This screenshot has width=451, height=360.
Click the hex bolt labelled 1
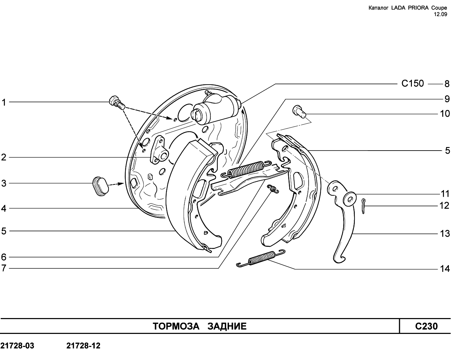coord(117,103)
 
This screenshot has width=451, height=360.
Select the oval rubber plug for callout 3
coord(100,186)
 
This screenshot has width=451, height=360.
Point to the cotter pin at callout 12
coord(364,206)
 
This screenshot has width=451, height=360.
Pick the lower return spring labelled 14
coord(261,258)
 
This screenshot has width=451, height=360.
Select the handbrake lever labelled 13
coord(342,221)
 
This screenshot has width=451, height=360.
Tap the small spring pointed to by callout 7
coord(273,189)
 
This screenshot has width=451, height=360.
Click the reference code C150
coord(413,84)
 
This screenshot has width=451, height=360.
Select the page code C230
coord(426,326)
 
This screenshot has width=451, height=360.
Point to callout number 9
coord(447,99)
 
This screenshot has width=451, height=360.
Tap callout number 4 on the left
coord(4,208)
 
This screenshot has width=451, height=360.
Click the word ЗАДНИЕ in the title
coord(227,327)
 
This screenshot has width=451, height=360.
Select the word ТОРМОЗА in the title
coord(176,327)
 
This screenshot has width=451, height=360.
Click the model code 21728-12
coord(84,346)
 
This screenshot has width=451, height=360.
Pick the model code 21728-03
coord(17,346)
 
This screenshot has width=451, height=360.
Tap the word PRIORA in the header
coord(415,8)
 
